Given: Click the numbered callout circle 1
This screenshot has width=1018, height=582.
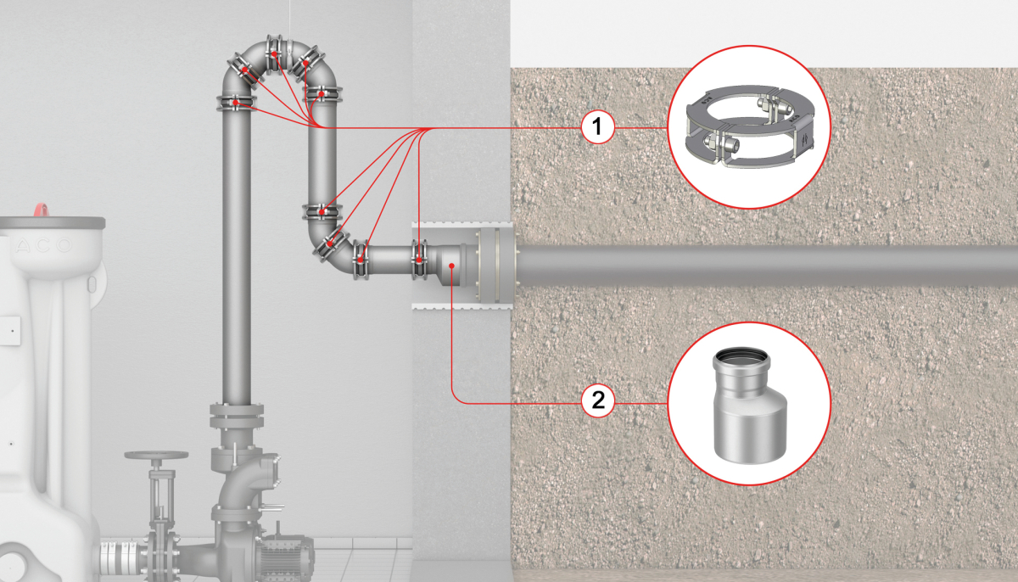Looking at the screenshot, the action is [x=598, y=126].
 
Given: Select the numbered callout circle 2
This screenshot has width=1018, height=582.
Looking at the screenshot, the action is [x=598, y=400].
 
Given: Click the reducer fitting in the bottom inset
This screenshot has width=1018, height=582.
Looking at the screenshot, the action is [x=750, y=406].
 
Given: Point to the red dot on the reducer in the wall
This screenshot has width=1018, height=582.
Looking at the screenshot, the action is [x=451, y=266].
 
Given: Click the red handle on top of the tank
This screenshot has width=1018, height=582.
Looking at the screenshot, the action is [x=42, y=210].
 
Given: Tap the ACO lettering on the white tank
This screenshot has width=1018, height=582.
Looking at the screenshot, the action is [x=43, y=246].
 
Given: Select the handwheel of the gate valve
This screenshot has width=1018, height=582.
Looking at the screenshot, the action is [x=156, y=455].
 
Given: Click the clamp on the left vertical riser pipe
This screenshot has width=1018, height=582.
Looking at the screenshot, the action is [x=237, y=104].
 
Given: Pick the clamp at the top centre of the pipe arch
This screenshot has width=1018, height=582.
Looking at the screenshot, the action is [x=274, y=54].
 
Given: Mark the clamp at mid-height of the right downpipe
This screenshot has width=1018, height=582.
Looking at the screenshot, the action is [x=322, y=212].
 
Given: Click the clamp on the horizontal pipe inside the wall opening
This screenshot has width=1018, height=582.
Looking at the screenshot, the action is [x=419, y=260].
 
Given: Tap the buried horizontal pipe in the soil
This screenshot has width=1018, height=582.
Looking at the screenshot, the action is [x=767, y=266].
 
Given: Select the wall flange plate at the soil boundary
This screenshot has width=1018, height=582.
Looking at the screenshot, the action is [x=495, y=265].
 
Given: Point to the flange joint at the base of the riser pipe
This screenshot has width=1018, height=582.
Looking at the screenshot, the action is [x=237, y=417].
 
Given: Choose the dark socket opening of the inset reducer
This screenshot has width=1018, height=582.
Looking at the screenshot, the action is [x=741, y=355].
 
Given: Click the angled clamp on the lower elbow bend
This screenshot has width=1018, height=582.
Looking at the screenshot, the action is [x=331, y=245].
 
